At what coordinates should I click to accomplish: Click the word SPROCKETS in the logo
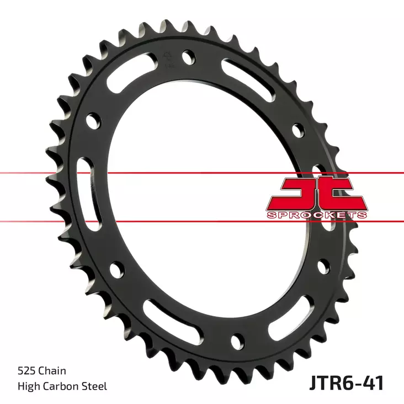pyautogui.click(x=316, y=215)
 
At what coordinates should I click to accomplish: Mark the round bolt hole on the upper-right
pyautogui.click(x=299, y=130)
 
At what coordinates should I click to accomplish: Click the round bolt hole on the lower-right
pyautogui.click(x=321, y=267)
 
